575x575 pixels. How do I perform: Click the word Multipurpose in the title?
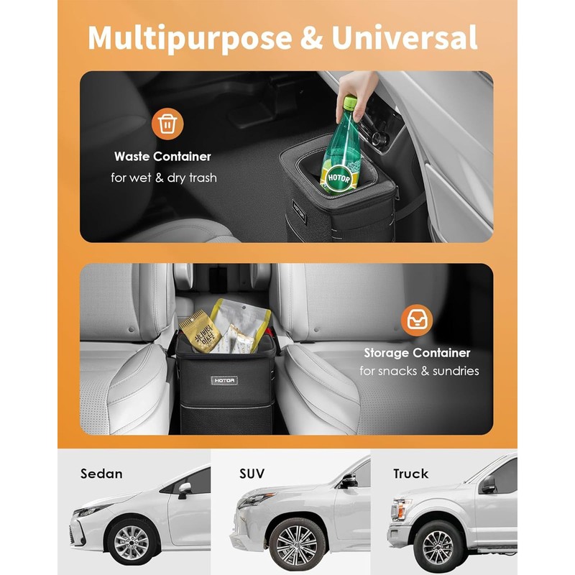[189, 38]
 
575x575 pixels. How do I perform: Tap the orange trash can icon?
[167, 124]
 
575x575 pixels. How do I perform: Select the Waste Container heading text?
[162, 156]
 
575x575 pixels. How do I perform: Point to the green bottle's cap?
[350, 103]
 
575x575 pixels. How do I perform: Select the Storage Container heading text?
[417, 353]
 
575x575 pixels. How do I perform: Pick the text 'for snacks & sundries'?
[419, 371]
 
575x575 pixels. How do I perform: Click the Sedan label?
[101, 474]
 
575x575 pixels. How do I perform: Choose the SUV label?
[252, 474]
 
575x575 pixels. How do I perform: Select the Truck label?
[410, 474]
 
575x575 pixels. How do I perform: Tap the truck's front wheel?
[438, 546]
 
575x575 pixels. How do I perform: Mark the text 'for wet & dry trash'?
[163, 177]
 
